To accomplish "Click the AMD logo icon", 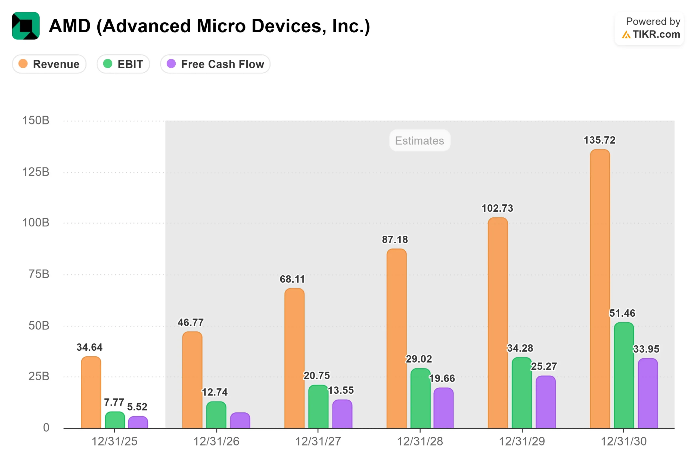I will click(x=26, y=26).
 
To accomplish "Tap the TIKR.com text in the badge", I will click(x=656, y=34).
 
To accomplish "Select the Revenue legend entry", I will click(x=49, y=64).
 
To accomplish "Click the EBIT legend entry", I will click(x=123, y=64).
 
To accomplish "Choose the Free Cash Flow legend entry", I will click(x=215, y=64).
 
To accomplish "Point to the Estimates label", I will click(x=420, y=141).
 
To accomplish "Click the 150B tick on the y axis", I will click(x=36, y=120).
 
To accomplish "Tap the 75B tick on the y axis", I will click(x=39, y=274).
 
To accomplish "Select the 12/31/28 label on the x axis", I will click(x=420, y=441).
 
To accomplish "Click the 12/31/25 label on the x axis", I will click(x=114, y=441).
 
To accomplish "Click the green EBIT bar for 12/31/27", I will click(x=318, y=407).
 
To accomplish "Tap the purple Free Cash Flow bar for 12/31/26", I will click(x=240, y=421).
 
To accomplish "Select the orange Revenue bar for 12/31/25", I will click(x=91, y=393).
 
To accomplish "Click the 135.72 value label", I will click(x=599, y=140).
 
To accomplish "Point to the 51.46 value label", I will click(x=622, y=313).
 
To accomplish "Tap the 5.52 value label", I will click(x=137, y=407).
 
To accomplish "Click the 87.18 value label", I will click(x=395, y=239).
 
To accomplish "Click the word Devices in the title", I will click(x=288, y=26).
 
